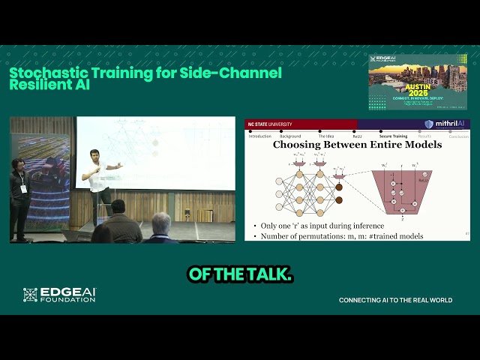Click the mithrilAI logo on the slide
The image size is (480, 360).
coord(446,124)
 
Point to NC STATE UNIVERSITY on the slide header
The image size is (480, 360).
coord(271,124)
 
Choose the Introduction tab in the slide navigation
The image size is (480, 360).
coord(259,136)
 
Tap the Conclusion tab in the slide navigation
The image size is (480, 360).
coord(458,136)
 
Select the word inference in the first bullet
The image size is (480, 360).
coord(365,226)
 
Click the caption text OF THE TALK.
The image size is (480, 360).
coord(240,275)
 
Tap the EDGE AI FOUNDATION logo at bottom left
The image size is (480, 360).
coord(59,295)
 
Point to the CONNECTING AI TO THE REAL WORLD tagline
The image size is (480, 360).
coord(395,300)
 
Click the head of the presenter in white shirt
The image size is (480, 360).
coord(95,154)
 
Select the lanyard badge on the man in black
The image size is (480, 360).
coord(23,188)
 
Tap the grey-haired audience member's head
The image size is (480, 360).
coord(160,221)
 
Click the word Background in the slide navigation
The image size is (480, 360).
coord(291,136)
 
